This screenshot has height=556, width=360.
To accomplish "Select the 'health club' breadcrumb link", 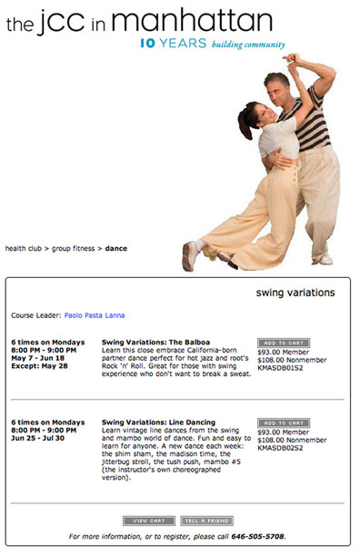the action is [x=25, y=247].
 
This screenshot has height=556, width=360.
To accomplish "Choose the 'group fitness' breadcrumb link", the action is [x=74, y=247].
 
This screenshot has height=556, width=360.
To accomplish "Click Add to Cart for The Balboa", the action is [x=283, y=343].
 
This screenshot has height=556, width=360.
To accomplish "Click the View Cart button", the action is [x=148, y=521].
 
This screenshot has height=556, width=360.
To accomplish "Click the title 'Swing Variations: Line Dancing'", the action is [x=159, y=423].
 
